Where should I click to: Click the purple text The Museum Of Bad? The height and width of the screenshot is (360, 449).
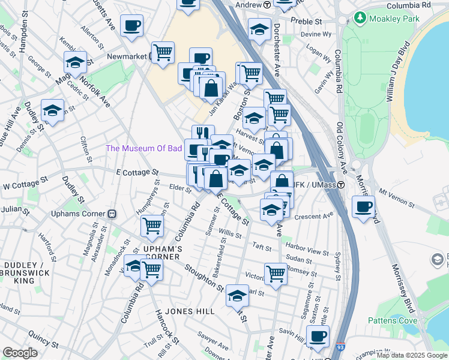click(x=143, y=148)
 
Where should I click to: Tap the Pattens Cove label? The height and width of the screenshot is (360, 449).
click(x=413, y=321)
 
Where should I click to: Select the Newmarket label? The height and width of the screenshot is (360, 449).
click(x=127, y=56)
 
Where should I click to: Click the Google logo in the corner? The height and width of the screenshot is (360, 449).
click(x=20, y=353)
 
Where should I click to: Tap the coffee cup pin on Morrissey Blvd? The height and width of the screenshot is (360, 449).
click(x=363, y=207)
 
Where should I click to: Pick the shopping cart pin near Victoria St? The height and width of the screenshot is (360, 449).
click(x=276, y=274)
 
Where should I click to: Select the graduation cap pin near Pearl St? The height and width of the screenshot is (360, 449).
click(x=237, y=295)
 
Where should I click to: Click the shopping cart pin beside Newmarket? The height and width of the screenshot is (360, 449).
click(x=163, y=53)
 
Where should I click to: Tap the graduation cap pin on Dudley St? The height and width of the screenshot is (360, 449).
click(x=52, y=110)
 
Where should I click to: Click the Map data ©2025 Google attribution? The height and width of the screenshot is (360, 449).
click(x=412, y=355)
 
